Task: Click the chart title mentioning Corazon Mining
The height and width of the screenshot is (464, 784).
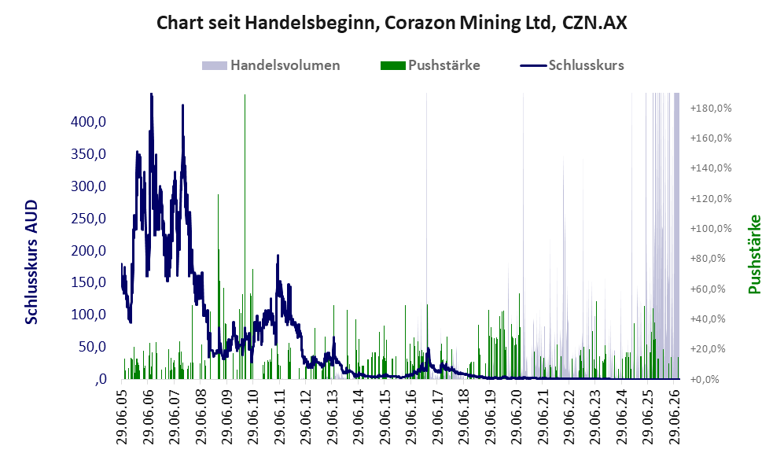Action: pos(392,23)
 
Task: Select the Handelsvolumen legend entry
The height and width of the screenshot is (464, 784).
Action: pos(271,65)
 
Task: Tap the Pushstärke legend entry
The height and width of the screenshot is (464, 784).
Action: pos(430,65)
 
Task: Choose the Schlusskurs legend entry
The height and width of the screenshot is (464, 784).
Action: pos(572,65)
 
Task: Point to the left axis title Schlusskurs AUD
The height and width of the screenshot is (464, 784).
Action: pos(31,262)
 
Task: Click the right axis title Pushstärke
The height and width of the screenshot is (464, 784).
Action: pos(754,255)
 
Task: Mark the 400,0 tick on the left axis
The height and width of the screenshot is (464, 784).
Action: pos(89,121)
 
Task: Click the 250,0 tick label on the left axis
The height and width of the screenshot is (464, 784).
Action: pos(89,218)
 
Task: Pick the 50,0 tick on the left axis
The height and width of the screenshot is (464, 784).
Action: pos(93,347)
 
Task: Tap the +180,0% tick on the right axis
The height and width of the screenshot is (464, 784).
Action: pos(711,108)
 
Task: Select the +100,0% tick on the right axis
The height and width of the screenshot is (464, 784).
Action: pos(711,229)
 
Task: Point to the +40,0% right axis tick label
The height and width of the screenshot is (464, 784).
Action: pos(708,319)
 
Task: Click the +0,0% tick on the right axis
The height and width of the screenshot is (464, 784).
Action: pos(705,379)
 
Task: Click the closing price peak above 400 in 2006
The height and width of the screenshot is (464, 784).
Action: pos(152,94)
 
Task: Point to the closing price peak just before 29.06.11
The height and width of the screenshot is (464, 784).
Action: pos(278,256)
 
